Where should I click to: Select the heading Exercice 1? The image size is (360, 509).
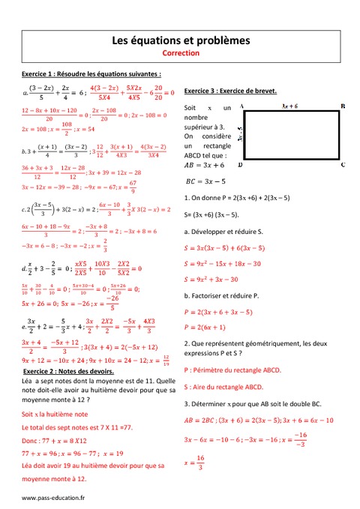click(91, 75)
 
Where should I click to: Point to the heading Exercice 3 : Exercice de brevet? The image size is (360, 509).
click(230, 90)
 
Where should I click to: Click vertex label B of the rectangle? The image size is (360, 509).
click(342, 107)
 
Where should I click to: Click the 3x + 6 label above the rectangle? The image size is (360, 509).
click(289, 107)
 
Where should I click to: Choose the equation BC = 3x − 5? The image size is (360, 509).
click(211, 181)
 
